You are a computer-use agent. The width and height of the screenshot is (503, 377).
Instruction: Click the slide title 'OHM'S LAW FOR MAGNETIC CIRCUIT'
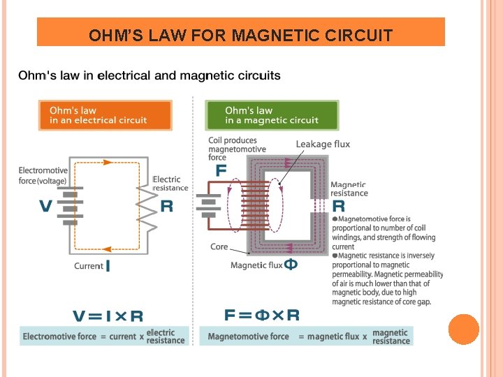pyautogui.click(x=240, y=35)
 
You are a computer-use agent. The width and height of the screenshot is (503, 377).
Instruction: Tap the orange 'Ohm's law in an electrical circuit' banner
pyautogui.click(x=104, y=115)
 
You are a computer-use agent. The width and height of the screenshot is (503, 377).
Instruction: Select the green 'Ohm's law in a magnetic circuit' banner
pyautogui.click(x=271, y=115)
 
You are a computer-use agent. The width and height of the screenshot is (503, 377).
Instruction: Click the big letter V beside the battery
pyautogui.click(x=46, y=206)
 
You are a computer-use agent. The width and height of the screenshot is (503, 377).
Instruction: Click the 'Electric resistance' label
pyautogui.click(x=170, y=184)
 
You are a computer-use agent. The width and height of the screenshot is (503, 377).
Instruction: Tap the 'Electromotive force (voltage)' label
pyautogui.click(x=43, y=175)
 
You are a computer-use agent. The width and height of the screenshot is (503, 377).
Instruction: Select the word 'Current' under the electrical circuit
pyautogui.click(x=89, y=266)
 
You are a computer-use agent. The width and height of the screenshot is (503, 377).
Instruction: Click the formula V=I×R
pyautogui.click(x=108, y=316)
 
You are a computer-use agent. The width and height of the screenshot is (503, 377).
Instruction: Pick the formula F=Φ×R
pyautogui.click(x=262, y=315)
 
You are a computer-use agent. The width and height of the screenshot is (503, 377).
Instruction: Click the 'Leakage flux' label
pyautogui.click(x=323, y=145)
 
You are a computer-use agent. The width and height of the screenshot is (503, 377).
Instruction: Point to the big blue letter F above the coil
pyautogui.click(x=221, y=170)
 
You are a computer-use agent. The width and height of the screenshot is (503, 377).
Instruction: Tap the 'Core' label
pyautogui.click(x=219, y=247)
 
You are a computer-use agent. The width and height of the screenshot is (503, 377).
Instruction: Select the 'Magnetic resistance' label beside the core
pyautogui.click(x=349, y=188)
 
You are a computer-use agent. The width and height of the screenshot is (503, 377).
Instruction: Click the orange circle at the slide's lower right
pyautogui.click(x=464, y=330)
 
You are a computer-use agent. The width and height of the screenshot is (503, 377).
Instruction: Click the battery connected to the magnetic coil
pyautogui.click(x=207, y=206)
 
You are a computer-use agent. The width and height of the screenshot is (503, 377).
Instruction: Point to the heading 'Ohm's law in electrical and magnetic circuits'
pyautogui.click(x=150, y=75)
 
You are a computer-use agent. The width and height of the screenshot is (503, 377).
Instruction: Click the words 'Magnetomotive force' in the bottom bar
pyautogui.click(x=248, y=337)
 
